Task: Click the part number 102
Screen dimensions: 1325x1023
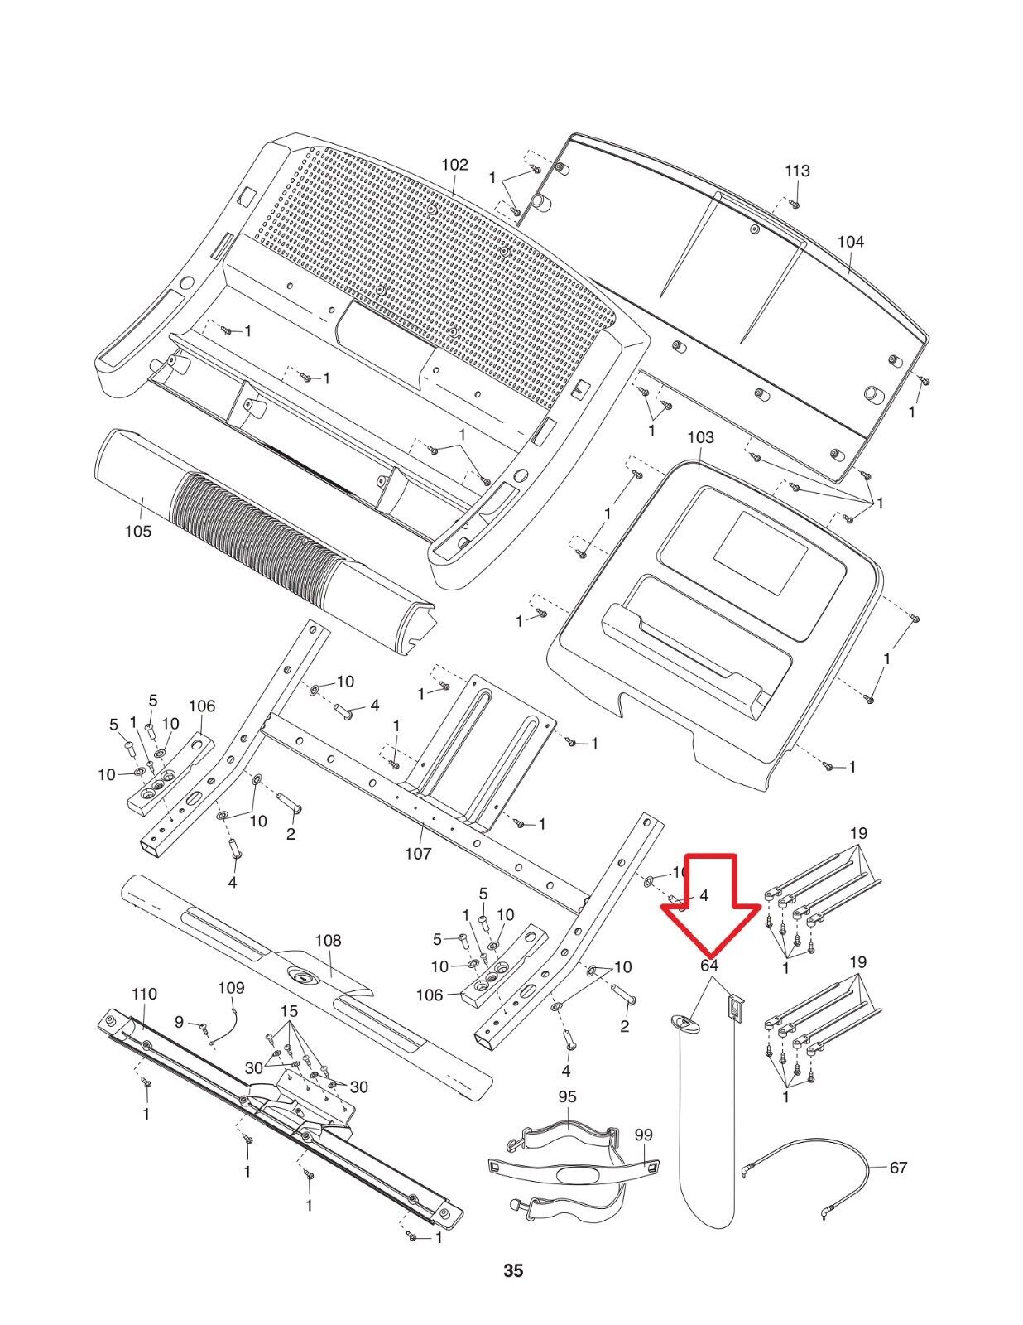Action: coord(454,165)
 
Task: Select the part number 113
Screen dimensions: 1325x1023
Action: coord(797,171)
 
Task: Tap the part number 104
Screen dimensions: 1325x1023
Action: coord(850,242)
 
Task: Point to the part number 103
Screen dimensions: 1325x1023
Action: coord(700,437)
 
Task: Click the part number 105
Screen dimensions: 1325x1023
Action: coord(138,531)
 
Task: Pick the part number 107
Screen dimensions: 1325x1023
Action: coord(418,853)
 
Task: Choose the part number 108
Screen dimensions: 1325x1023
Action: coord(328,941)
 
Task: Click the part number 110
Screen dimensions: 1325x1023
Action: coord(143,994)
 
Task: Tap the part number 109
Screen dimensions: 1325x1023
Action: coord(231,988)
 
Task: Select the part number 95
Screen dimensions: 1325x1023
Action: coord(567,1096)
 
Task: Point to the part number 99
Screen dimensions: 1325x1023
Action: coord(644,1135)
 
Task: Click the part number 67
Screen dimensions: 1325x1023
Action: coord(898,1168)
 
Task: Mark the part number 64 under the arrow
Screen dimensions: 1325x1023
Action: coord(708,965)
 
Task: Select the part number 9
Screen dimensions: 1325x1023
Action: coord(180,1023)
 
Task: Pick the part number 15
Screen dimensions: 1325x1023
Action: coord(289,1011)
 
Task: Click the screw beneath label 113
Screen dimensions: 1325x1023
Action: coord(794,203)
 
